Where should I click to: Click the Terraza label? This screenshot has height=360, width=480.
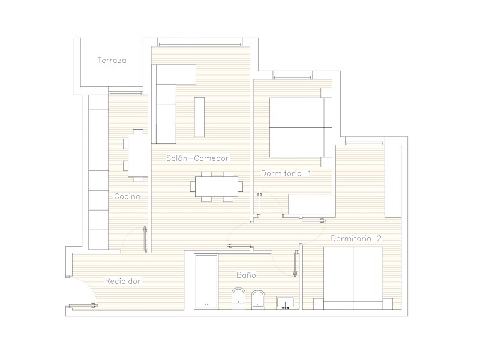tap(112, 61)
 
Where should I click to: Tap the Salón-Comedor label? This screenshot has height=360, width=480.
tap(197, 158)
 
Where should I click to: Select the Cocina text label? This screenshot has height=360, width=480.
tap(127, 196)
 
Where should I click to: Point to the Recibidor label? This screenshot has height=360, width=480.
tap(123, 281)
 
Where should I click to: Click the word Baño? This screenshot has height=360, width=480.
tap(246, 275)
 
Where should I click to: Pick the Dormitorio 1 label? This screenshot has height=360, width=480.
tap(286, 173)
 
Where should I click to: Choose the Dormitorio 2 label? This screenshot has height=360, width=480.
tap(356, 238)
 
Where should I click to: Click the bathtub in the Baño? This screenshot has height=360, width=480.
tap(206, 281)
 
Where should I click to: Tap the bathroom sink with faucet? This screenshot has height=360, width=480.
tap(286, 302)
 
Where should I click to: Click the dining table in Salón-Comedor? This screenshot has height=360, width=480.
tap(217, 187)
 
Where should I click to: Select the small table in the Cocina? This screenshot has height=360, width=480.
tap(138, 155)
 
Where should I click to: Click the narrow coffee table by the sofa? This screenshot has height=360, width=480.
tap(199, 117)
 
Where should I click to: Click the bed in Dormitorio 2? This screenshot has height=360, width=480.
tap(353, 278)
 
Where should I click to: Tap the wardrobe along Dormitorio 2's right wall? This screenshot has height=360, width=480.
tap(393, 181)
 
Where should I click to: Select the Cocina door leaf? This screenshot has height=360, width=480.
tap(145, 239)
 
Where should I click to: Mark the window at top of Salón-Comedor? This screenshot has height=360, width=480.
tap(200, 44)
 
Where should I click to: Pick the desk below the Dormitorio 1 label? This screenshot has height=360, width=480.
tap(310, 203)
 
